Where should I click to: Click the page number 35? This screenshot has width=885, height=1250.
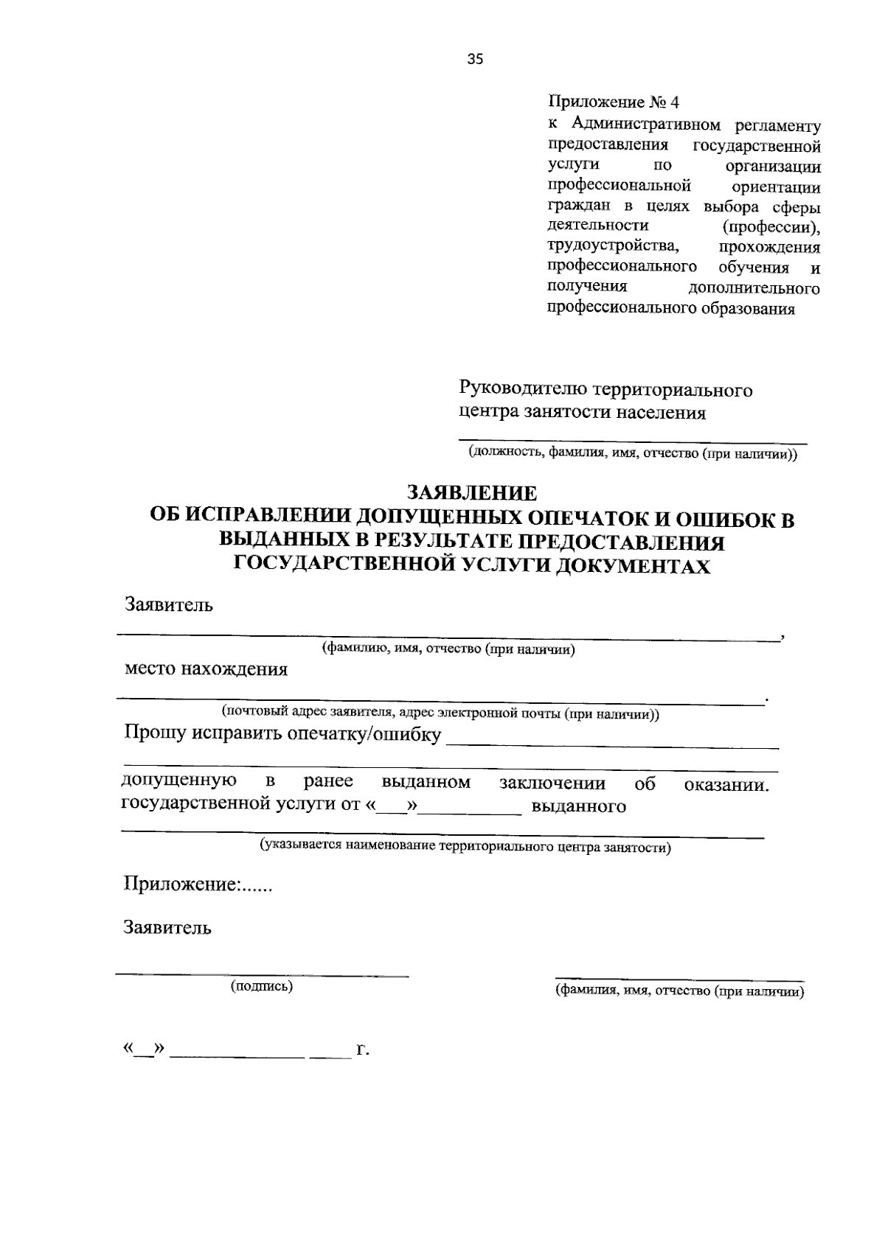475,60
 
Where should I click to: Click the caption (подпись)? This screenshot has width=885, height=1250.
262,986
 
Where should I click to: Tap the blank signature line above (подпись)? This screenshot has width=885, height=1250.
262,975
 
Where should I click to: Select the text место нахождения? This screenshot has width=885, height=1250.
206,669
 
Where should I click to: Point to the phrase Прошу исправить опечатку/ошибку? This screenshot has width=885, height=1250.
283,735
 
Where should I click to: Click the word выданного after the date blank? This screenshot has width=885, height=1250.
579,806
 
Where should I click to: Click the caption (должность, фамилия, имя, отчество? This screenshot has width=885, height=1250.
633,454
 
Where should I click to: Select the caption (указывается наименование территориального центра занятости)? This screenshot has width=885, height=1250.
465,847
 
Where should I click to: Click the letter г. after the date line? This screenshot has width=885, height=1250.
361,1049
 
